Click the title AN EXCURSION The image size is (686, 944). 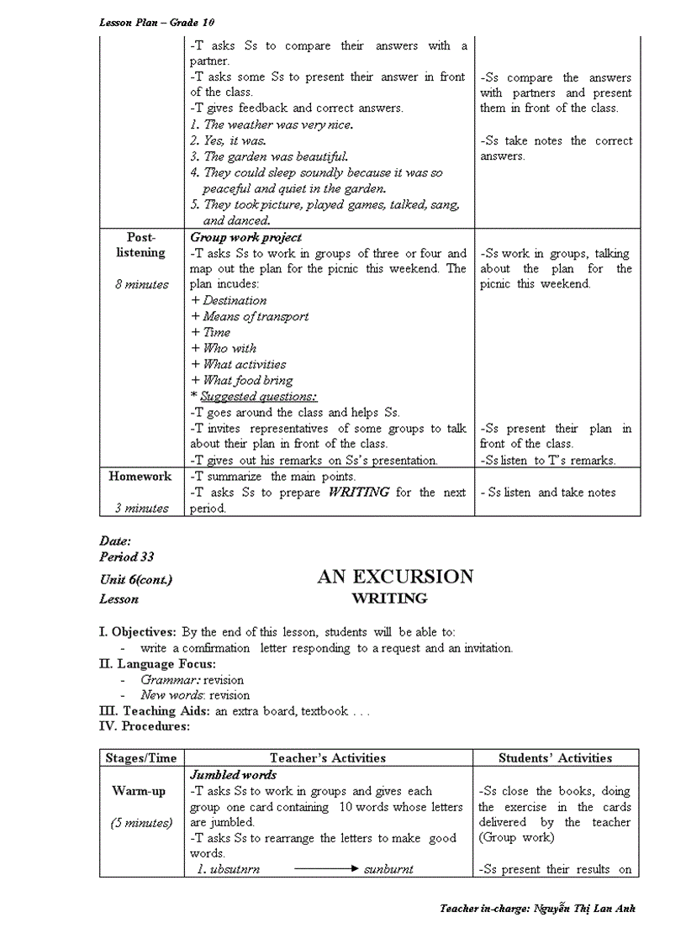pos(395,577)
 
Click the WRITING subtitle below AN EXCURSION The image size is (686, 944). pos(389,599)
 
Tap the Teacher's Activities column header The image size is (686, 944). pos(328,757)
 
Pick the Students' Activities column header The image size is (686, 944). pos(555,757)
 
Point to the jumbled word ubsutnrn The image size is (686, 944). pos(229,870)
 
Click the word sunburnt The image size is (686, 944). pos(388,870)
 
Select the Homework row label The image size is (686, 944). pos(140,476)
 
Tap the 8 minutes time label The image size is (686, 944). pos(141,284)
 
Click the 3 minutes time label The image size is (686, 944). pos(141,508)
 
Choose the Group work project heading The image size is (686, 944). pos(245,237)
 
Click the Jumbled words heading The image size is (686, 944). pos(233,774)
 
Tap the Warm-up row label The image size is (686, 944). pos(139,791)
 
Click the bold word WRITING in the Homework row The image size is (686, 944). pos(359,492)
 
